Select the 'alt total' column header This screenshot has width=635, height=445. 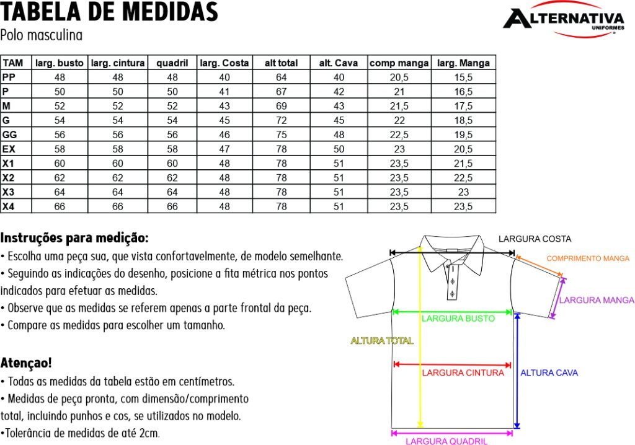281,63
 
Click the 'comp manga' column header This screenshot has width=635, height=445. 399,63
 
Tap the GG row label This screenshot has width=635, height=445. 10,134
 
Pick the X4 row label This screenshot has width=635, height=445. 9,206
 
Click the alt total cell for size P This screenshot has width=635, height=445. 281,92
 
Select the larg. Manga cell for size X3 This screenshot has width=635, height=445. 463,192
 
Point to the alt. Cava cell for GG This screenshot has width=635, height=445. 339,134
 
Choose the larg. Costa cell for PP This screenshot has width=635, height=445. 224,77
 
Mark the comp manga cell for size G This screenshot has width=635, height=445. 399,120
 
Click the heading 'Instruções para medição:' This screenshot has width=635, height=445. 74,237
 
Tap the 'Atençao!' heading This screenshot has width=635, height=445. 26,362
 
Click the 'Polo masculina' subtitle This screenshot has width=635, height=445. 42,35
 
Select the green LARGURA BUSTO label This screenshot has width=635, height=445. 458,319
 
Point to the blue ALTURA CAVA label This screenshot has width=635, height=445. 549,372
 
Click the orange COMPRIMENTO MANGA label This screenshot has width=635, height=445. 588,258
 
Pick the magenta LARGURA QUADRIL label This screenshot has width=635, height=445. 446,441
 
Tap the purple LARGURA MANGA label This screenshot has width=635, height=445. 597,300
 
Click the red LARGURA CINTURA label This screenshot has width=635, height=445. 463,372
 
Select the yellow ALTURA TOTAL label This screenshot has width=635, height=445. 382,340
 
